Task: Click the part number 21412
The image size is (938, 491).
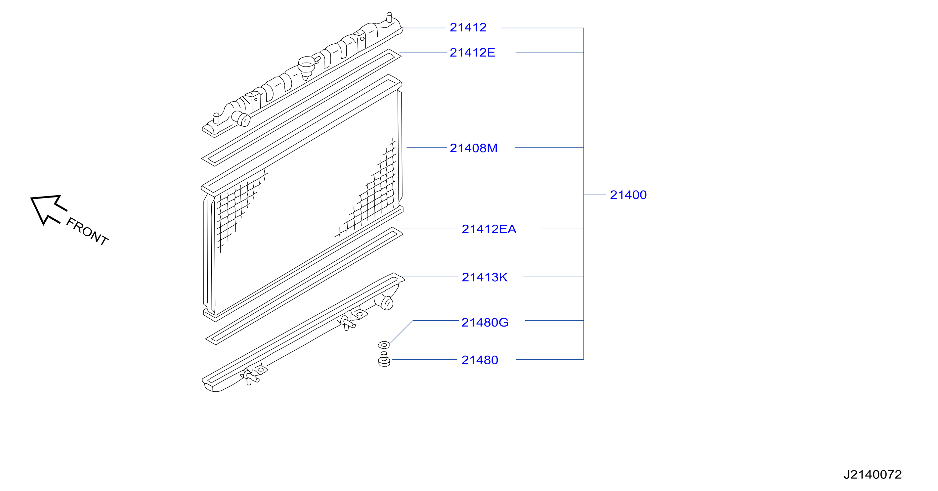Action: point(468,27)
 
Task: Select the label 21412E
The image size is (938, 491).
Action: point(472,53)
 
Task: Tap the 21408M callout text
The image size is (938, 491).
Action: point(473,148)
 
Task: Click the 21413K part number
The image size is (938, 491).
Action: point(484,277)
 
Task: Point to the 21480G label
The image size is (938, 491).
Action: point(485,322)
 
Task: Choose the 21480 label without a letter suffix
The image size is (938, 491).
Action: point(480,360)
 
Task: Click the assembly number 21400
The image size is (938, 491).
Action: point(628,195)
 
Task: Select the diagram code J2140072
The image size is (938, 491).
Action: point(873,474)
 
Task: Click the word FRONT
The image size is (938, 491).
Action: point(87,231)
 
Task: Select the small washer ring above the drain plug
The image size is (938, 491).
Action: point(384,344)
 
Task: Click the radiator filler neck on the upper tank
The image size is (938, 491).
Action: point(307,67)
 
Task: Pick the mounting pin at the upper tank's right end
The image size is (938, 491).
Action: point(389,17)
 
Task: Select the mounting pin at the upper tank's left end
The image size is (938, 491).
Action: point(216,118)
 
